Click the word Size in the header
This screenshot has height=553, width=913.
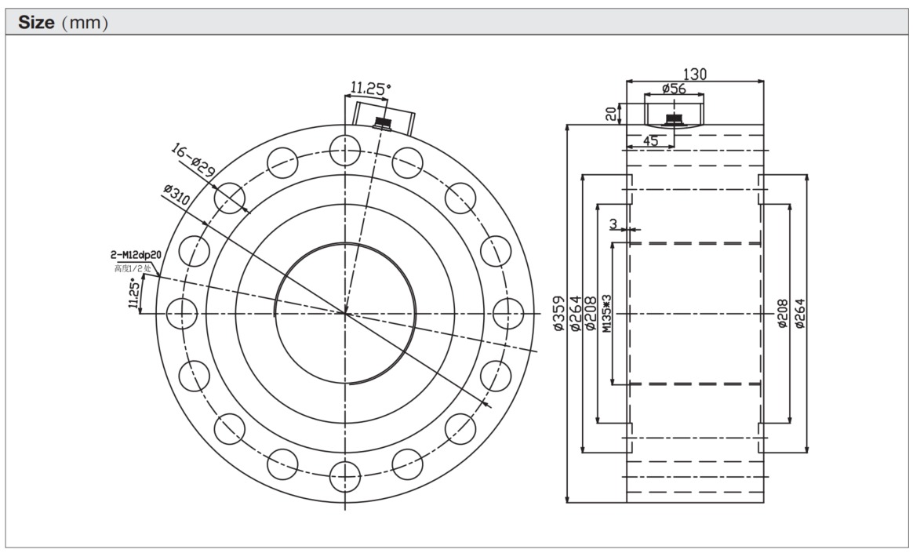(35, 22)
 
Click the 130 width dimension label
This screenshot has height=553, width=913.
(695, 74)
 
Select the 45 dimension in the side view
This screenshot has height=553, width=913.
(650, 141)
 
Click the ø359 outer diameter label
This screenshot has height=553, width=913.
(558, 313)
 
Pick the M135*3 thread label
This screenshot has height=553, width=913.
(607, 314)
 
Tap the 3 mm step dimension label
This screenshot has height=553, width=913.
(614, 224)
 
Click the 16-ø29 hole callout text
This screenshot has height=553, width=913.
(193, 160)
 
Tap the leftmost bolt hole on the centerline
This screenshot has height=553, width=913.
(181, 313)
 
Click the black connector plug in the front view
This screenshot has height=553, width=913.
(383, 122)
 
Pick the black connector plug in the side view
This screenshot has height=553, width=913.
(672, 120)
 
